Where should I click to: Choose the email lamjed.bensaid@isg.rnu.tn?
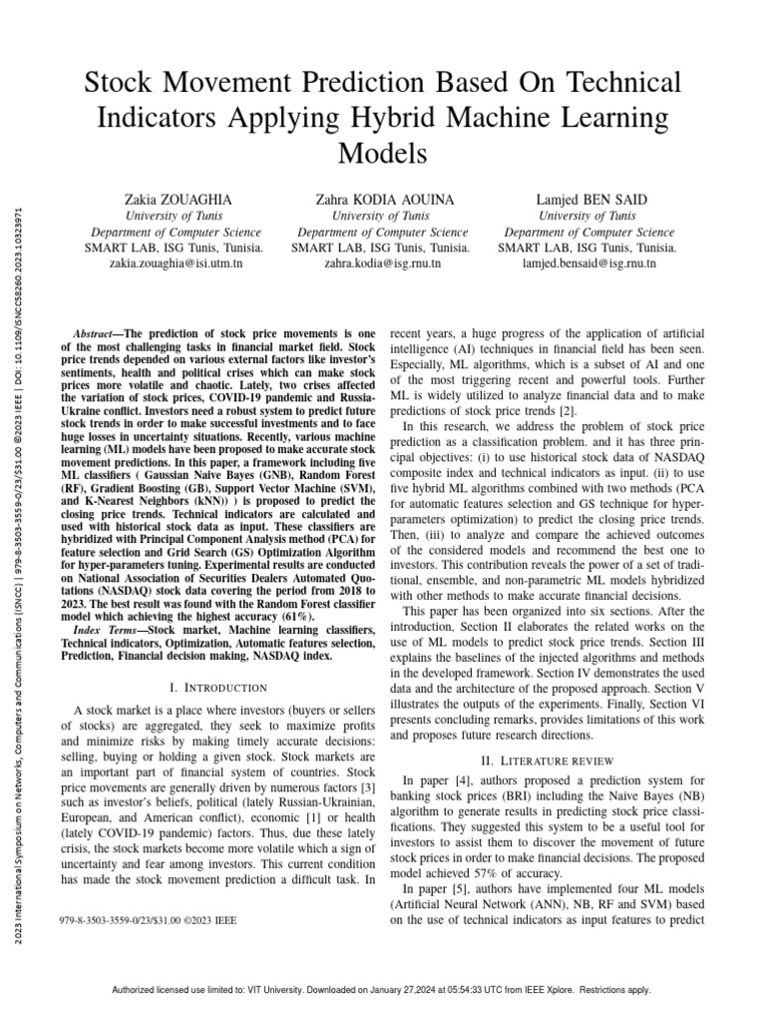[587, 263]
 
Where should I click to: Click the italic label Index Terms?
[108, 630]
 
